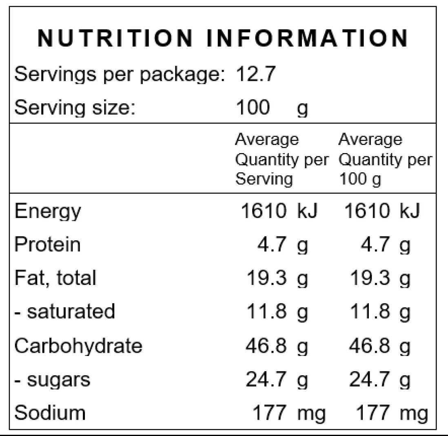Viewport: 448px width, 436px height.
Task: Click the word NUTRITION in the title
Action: tap(115, 38)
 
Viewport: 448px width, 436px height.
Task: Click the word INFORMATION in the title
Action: tap(307, 38)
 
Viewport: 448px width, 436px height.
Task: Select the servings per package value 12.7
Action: tap(256, 74)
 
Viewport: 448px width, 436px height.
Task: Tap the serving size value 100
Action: tap(253, 107)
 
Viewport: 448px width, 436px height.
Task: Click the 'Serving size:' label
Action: tap(75, 107)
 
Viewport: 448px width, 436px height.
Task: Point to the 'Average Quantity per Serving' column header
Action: tap(282, 159)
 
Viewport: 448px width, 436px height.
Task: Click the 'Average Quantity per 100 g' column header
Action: tap(386, 159)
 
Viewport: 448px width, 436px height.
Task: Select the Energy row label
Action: tap(48, 211)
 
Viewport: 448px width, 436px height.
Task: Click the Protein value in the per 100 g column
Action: tap(386, 245)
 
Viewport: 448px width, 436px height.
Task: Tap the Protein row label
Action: tap(47, 245)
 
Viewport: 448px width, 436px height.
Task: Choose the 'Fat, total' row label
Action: tap(55, 278)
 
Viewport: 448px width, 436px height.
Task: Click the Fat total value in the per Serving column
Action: tap(277, 278)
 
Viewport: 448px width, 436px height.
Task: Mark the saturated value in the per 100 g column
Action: tap(380, 311)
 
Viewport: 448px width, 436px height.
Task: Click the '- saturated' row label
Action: tap(64, 311)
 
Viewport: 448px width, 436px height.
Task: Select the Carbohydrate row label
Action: tap(78, 346)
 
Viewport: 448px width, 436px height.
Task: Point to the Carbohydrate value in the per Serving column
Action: tap(277, 346)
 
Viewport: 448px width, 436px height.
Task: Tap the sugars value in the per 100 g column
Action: tap(380, 380)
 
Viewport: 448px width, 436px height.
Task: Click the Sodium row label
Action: tap(50, 413)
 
